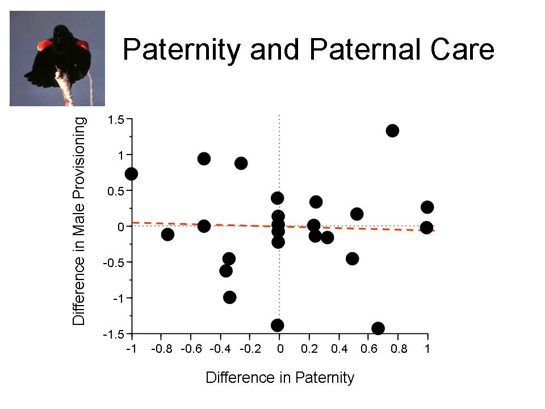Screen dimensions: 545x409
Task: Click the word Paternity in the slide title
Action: [182, 50]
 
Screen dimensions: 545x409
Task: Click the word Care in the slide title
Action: [462, 49]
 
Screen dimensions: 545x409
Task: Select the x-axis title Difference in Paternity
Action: [280, 378]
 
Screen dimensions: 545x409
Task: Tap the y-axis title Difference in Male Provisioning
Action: [78, 221]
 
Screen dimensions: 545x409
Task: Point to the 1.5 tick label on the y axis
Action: [116, 120]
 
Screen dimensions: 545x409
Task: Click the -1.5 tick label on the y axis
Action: [114, 334]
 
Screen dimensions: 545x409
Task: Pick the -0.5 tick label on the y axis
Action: [114, 262]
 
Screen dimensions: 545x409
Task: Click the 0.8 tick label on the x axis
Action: [399, 348]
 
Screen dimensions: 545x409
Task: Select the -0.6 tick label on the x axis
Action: [191, 348]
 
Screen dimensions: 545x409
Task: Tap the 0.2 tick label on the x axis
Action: [309, 348]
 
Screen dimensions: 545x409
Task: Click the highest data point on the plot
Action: [392, 131]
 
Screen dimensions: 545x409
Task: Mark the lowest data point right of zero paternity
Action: [378, 328]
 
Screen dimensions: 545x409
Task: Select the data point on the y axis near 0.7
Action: [131, 174]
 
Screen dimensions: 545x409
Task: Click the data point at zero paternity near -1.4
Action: [278, 325]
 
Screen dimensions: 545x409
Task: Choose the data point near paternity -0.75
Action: [167, 235]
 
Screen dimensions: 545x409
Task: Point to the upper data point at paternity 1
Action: [427, 207]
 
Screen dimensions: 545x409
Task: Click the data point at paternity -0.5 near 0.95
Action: [204, 159]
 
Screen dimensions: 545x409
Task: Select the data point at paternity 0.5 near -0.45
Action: [353, 259]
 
